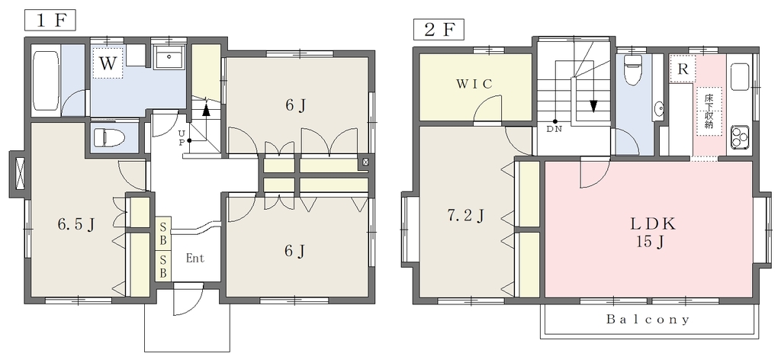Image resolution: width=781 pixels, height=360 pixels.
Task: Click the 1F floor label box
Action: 50,21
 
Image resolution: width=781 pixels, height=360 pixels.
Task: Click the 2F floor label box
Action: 439,30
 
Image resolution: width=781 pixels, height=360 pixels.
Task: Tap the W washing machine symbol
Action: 107,63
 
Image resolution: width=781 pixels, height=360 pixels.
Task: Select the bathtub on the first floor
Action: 47,80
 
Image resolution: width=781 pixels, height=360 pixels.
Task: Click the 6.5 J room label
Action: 76,225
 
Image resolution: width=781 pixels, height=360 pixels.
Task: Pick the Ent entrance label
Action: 195,259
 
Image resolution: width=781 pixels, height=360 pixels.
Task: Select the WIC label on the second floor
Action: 475,84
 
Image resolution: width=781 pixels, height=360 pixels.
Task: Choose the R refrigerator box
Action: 683,69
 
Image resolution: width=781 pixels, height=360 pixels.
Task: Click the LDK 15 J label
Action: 653,233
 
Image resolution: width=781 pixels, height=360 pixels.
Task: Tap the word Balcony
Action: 648,319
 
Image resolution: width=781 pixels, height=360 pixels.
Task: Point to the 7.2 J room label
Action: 466,216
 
